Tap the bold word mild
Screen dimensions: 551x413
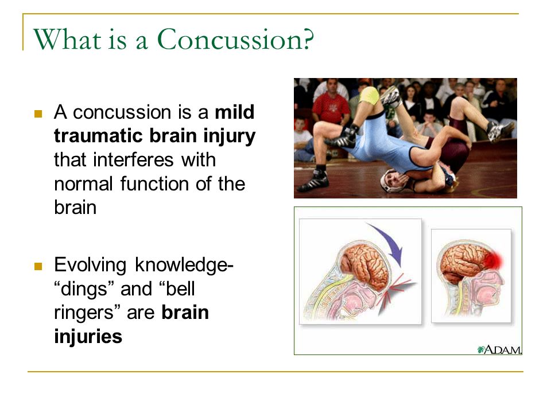click(235, 112)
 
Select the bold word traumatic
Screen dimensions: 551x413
click(99, 136)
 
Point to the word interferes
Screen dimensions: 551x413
click(133, 160)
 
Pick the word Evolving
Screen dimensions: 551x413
click(90, 265)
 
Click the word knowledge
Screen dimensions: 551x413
click(182, 265)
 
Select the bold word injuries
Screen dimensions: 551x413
click(88, 337)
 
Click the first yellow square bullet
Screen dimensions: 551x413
click(38, 114)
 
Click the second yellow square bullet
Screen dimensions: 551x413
click(38, 266)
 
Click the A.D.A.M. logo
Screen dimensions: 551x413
click(499, 350)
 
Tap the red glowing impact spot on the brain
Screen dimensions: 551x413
click(494, 260)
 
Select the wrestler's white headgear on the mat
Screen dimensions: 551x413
click(391, 181)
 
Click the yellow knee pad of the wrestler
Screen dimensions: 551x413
click(369, 96)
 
